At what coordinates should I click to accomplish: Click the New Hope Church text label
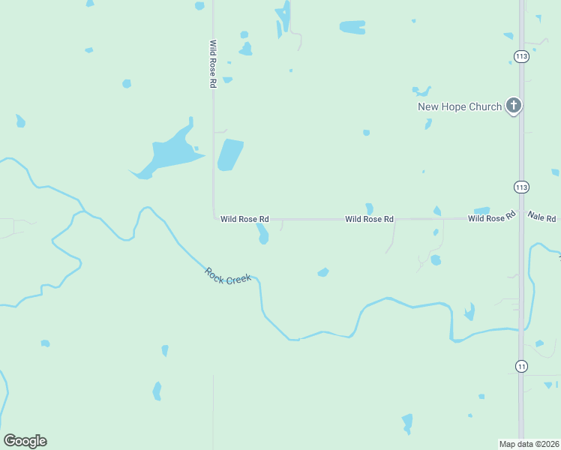(459, 106)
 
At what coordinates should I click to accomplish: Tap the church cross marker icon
(514, 106)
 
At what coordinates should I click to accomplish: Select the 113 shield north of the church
(521, 56)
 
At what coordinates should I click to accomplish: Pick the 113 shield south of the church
(521, 186)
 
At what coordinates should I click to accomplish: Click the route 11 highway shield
(521, 366)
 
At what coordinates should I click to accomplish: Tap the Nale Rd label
(541, 216)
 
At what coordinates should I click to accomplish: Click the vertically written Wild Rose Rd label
(213, 64)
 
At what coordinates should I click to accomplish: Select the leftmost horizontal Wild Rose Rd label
(244, 219)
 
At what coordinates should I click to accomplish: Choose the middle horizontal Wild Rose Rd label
(369, 219)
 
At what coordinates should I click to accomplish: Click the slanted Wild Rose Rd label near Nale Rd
(492, 217)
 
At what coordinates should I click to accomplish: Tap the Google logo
(25, 441)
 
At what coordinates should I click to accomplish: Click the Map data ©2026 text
(529, 443)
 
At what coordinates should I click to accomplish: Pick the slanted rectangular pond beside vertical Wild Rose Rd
(230, 154)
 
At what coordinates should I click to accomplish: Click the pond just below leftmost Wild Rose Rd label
(262, 234)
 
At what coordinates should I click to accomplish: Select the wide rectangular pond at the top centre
(352, 28)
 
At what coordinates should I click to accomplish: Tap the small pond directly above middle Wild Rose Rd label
(369, 208)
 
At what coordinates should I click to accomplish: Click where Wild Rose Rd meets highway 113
(521, 218)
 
